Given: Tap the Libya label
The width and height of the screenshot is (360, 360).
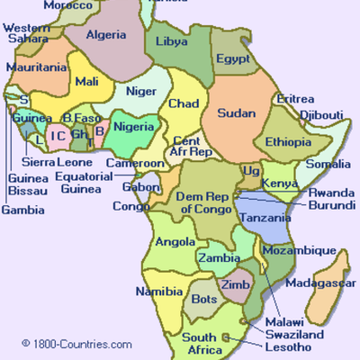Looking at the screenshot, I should (x=172, y=41).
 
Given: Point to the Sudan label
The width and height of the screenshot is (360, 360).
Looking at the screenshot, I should (x=238, y=114).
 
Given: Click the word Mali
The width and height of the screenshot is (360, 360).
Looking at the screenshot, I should (x=87, y=82).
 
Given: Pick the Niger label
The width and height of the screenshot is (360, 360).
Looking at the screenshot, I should (x=140, y=90).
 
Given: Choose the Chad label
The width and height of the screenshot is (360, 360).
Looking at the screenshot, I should (x=184, y=103).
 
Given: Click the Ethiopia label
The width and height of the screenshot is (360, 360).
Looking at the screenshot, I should (x=288, y=141).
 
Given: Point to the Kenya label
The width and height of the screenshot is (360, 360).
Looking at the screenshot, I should (x=279, y=184).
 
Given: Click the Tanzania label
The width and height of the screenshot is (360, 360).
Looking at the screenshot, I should (x=264, y=219).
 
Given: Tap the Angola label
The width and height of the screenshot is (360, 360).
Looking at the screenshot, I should (x=176, y=242).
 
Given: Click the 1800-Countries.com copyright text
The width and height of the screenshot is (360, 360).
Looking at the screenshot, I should (x=76, y=344).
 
